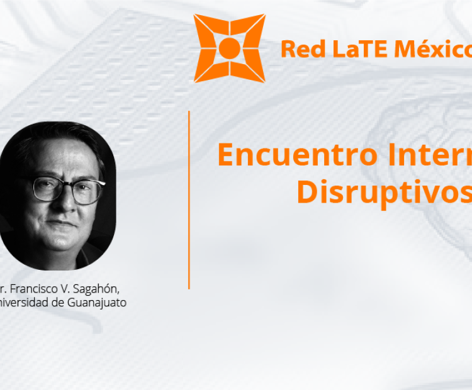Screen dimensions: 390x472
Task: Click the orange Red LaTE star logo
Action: point(229,48)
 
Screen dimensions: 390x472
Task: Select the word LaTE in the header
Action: point(355,48)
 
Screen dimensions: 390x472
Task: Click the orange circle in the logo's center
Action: point(229,48)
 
